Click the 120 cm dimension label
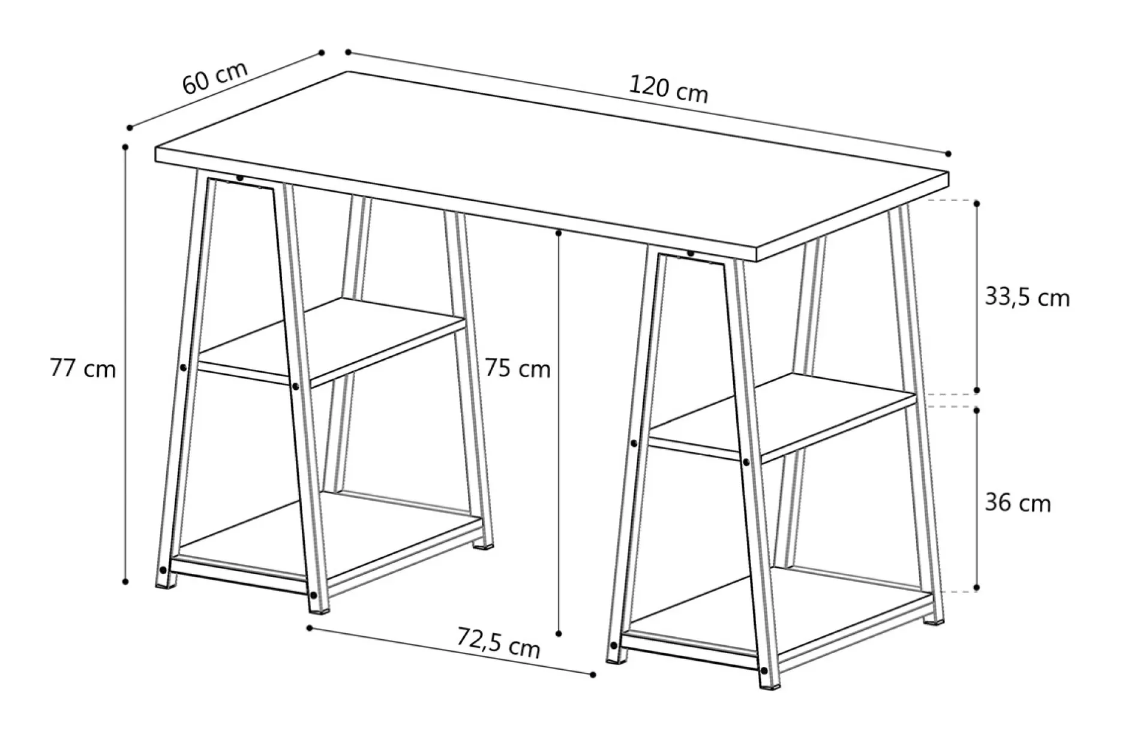[x=668, y=90]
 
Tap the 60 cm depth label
[x=214, y=77]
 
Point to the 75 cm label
[x=517, y=368]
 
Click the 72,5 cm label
[x=499, y=642]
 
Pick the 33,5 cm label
[x=1027, y=297]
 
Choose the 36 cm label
[x=1018, y=503]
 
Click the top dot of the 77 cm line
[x=125, y=146]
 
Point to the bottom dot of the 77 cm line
[x=125, y=581]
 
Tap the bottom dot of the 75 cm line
[x=559, y=633]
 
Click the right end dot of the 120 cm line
[x=948, y=154]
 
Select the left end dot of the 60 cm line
[x=130, y=127]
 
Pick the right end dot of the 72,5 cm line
[x=593, y=675]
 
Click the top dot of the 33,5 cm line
[x=976, y=204]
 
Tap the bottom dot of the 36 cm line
[x=976, y=587]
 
